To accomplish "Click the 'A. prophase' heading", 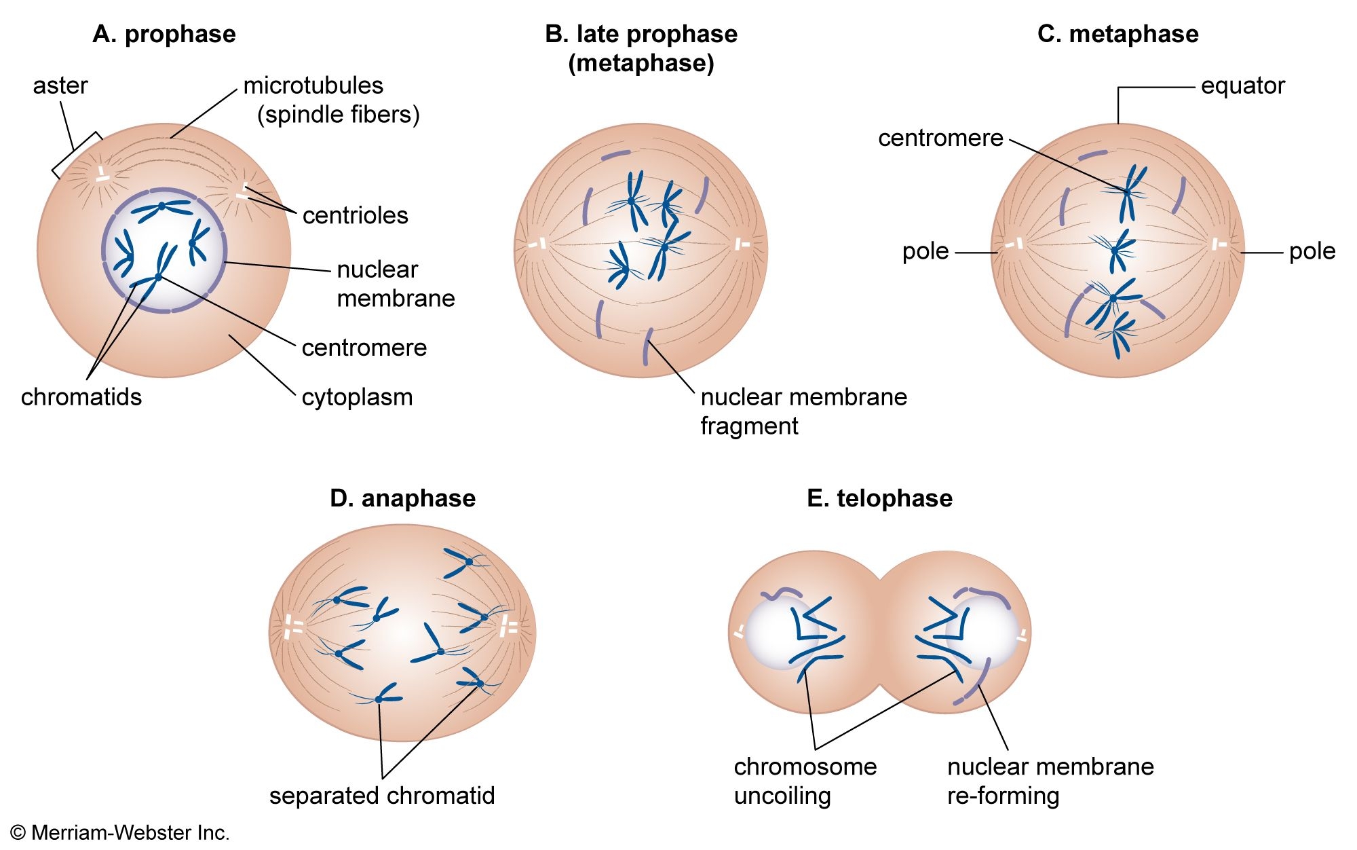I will pyautogui.click(x=164, y=34).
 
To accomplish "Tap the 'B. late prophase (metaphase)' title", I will pyautogui.click(x=641, y=48).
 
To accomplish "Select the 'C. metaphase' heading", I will pyautogui.click(x=1117, y=34).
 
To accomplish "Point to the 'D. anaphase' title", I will pyautogui.click(x=402, y=498).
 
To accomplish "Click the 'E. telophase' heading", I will pyautogui.click(x=879, y=498).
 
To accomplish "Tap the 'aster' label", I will pyautogui.click(x=60, y=86).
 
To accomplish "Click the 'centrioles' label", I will pyautogui.click(x=355, y=215).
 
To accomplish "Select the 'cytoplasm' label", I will pyautogui.click(x=357, y=397).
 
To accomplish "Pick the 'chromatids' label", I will pyautogui.click(x=81, y=397).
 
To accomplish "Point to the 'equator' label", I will pyautogui.click(x=1242, y=86).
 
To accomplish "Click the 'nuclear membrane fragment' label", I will pyautogui.click(x=803, y=411).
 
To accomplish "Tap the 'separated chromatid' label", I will pyautogui.click(x=382, y=796).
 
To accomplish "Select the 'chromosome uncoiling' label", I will pyautogui.click(x=805, y=781).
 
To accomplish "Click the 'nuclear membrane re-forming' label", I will pyautogui.click(x=1050, y=781).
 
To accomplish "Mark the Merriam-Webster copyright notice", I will pyautogui.click(x=120, y=833).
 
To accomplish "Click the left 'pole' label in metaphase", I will pyautogui.click(x=925, y=252).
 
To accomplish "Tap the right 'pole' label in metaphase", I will pyautogui.click(x=1312, y=252).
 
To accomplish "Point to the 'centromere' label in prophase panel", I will pyautogui.click(x=364, y=348).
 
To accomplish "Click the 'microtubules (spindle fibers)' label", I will pyautogui.click(x=331, y=100).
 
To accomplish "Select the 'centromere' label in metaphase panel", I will pyautogui.click(x=940, y=138).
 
